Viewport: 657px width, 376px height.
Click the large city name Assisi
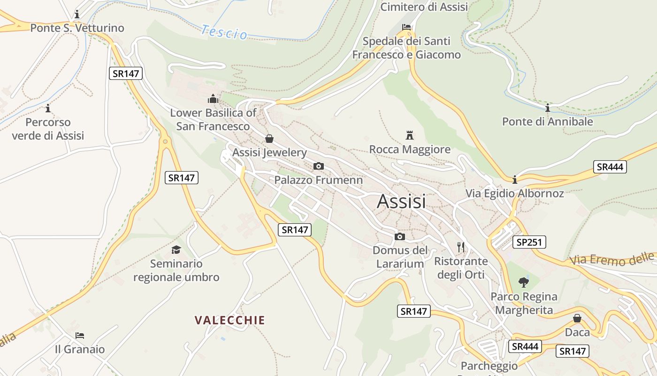(x=401, y=201)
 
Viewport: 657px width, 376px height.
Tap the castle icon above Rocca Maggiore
(x=410, y=135)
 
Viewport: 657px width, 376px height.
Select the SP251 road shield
(x=529, y=243)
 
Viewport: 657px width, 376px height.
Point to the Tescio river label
(x=224, y=32)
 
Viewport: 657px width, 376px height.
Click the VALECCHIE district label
(x=230, y=321)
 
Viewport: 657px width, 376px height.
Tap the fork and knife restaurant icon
(x=461, y=247)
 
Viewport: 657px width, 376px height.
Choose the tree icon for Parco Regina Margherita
(x=524, y=282)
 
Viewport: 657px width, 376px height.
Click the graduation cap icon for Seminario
(x=176, y=250)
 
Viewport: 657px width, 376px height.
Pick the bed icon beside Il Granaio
(x=80, y=336)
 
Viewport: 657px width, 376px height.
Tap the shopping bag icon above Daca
(x=577, y=318)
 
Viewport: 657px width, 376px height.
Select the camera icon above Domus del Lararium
(x=400, y=236)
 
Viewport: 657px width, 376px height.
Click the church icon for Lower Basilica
(x=213, y=99)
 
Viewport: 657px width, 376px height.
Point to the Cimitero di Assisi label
(x=424, y=7)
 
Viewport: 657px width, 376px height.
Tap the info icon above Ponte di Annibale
(x=547, y=108)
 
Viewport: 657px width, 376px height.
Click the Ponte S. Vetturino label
(x=77, y=28)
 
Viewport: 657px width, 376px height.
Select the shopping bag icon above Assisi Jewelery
(x=269, y=139)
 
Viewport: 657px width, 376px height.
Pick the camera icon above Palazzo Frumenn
(x=318, y=166)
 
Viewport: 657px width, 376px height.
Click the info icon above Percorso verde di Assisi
(x=48, y=109)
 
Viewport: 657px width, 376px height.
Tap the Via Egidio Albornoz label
(x=515, y=194)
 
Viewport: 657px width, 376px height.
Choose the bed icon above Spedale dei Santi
(x=406, y=27)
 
